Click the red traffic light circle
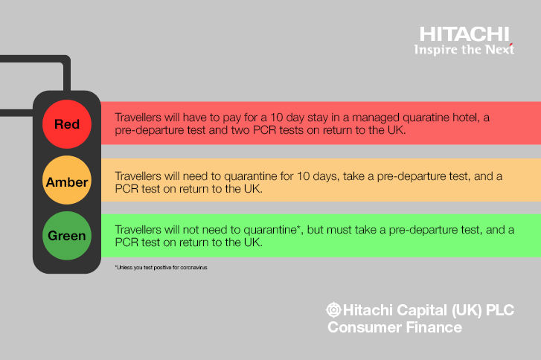[x=67, y=124]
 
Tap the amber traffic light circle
[x=67, y=180]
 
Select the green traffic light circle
[x=67, y=236]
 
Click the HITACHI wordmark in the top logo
[x=464, y=34]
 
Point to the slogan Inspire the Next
[x=464, y=50]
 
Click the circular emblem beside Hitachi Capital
[x=333, y=309]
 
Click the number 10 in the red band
[x=276, y=118]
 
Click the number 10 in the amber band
[x=304, y=176]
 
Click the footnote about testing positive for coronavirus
[x=161, y=267]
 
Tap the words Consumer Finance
[x=394, y=327]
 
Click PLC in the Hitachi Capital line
[x=500, y=310]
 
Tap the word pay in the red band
[x=232, y=118]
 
